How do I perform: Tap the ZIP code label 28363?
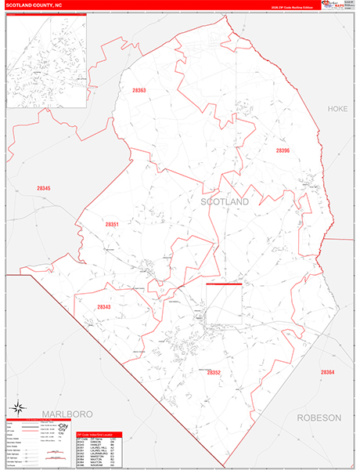click(x=139, y=91)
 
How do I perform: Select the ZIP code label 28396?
click(x=283, y=150)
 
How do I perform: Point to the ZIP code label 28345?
click(x=43, y=188)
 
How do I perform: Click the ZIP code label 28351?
click(x=112, y=225)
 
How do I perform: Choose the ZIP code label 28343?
click(x=104, y=307)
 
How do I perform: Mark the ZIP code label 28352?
click(x=214, y=373)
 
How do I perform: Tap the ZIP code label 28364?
click(x=327, y=372)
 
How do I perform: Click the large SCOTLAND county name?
click(x=225, y=202)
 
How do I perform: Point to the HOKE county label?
click(x=337, y=109)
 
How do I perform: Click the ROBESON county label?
click(x=319, y=418)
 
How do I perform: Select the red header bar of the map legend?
click(x=39, y=421)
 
